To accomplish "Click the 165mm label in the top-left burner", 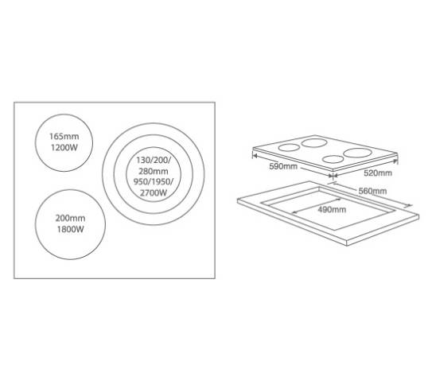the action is [x=64, y=136].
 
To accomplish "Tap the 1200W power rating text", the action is [x=64, y=148].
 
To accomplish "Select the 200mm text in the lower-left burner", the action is [x=71, y=218].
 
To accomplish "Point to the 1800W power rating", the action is [x=71, y=229].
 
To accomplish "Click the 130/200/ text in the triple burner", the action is [x=154, y=160].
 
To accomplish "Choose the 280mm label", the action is [x=154, y=171].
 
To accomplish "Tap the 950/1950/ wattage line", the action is [x=154, y=181].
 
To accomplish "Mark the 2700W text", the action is [x=154, y=193].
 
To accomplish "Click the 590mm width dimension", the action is [x=283, y=166].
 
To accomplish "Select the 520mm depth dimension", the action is [x=378, y=173].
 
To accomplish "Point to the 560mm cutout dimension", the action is [x=372, y=191].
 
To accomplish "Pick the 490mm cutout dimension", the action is [x=332, y=209].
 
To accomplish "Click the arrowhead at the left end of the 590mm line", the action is [x=255, y=156].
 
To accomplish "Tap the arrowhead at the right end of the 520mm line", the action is [x=395, y=161].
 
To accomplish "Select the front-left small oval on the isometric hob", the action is [x=289, y=148].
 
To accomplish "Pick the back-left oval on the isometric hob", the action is [x=314, y=142].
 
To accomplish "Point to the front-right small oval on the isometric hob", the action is [x=333, y=159].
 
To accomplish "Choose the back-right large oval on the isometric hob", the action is [x=358, y=153].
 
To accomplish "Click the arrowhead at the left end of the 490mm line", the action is [x=294, y=212].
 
